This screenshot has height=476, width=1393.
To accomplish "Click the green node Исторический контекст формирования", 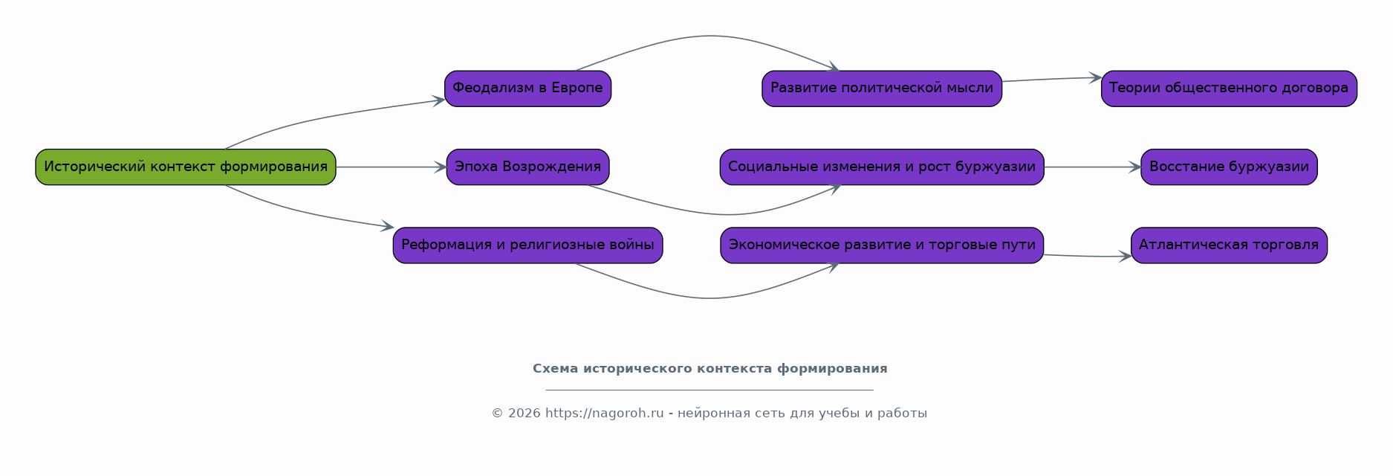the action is click(186, 167).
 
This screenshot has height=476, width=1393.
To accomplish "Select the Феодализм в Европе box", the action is click(527, 89).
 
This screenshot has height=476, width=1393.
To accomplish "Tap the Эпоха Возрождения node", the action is click(527, 167).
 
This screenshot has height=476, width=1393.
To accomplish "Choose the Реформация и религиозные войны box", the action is click(527, 245).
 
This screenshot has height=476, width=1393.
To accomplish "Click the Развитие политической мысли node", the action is click(882, 89).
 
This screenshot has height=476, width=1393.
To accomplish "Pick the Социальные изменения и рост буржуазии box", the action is click(882, 167).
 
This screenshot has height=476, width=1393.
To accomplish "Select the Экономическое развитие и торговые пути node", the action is click(882, 245).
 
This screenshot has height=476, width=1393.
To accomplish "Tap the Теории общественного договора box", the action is click(1229, 89).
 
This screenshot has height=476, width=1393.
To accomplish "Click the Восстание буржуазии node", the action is click(1229, 167).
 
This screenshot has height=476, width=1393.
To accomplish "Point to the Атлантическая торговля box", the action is click(1229, 245).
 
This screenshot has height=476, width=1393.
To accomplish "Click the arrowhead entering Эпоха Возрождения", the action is click(441, 167).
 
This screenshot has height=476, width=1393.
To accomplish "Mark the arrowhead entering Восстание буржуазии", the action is click(1135, 167).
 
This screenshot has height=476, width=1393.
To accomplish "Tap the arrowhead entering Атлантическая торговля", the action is click(1126, 256).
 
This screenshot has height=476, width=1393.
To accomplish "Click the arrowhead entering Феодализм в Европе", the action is click(439, 100).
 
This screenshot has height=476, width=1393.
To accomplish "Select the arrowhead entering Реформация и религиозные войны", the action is click(387, 225).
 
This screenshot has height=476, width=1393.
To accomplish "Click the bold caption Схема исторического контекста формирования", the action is click(710, 369).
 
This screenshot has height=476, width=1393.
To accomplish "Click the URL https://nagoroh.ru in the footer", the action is click(604, 414).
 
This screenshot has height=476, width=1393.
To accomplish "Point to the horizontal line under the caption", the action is click(710, 390).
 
